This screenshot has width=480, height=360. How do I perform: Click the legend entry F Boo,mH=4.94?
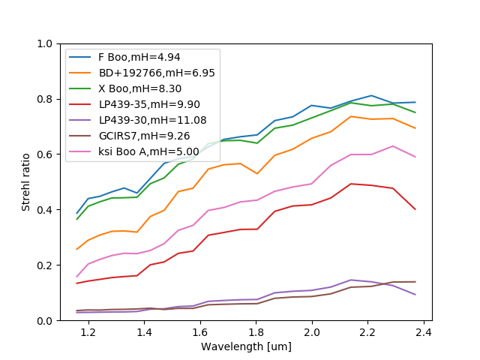tap(139, 57)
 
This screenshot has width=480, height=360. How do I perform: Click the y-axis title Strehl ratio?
tap(26, 182)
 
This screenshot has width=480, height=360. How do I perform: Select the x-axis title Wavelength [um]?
tap(246, 347)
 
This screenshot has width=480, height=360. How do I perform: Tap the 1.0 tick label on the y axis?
tap(45, 43)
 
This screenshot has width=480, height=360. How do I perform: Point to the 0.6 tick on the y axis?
tap(45, 154)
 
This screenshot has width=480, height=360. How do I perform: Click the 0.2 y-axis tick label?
tap(45, 265)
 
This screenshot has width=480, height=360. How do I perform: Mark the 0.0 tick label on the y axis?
tap(45, 321)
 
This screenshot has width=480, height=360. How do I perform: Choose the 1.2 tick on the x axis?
tap(88, 331)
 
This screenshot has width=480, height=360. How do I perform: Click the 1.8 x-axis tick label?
tap(256, 331)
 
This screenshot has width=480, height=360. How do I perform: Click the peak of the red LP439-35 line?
tap(351, 184)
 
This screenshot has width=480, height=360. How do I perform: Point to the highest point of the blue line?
tap(371, 95)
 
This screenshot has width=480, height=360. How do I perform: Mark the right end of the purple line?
tap(415, 295)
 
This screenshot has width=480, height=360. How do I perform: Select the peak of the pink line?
tap(392, 146)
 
